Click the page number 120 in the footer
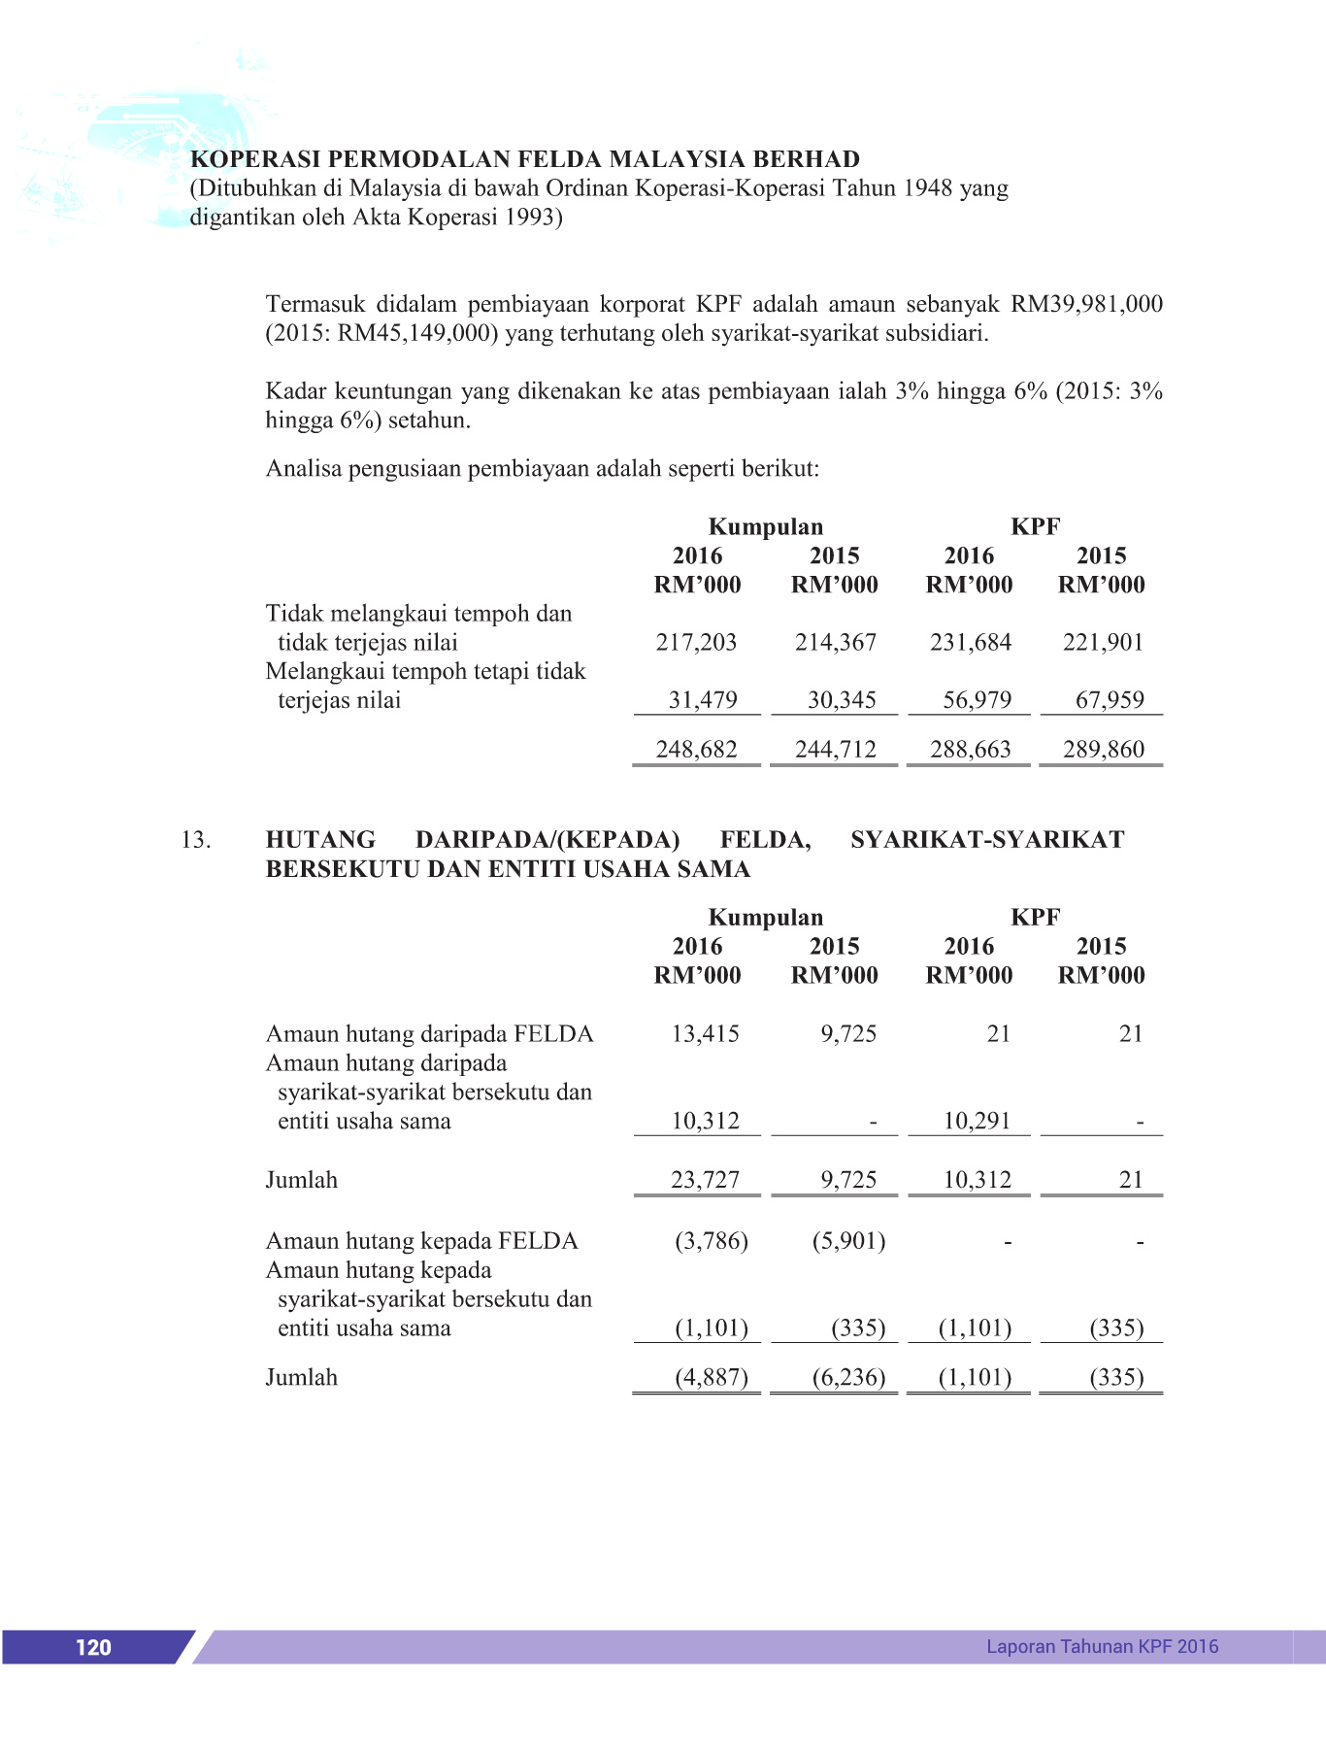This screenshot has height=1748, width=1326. click(93, 1647)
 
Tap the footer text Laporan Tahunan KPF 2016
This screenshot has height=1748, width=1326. click(1102, 1646)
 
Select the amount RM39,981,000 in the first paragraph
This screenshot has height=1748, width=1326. click(1086, 304)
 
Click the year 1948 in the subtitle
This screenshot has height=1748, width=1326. click(928, 188)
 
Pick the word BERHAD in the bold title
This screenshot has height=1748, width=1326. click(807, 159)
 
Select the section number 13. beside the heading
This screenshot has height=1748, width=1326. click(196, 840)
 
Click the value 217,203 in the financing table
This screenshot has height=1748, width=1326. click(696, 642)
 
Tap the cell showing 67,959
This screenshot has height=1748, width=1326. click(1110, 700)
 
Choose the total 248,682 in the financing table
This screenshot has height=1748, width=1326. click(696, 749)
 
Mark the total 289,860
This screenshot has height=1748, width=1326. click(1103, 749)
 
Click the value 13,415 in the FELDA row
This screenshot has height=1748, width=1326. click(705, 1033)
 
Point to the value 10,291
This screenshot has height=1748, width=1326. click(977, 1121)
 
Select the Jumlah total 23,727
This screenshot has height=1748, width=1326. click(705, 1180)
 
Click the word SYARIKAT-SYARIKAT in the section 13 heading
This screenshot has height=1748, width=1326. click(987, 840)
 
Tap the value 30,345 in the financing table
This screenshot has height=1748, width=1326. click(842, 700)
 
